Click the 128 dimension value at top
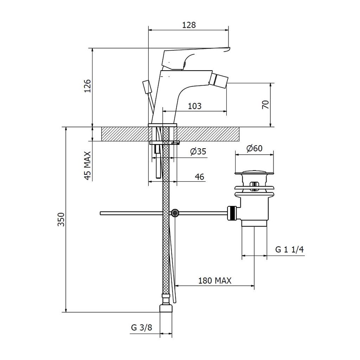pos(189,25)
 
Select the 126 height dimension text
pos(88,86)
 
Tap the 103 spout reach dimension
pos(195,106)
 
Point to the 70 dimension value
pos(265,105)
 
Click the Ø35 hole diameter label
pos(198,152)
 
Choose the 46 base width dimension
pos(199,177)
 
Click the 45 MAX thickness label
pos(88,166)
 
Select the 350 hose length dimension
pos(61,219)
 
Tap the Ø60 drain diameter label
pos(255,148)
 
